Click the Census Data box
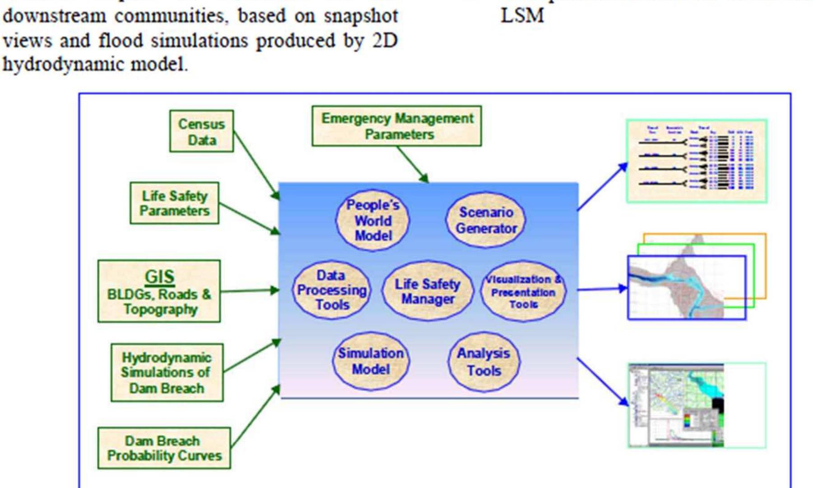(x=202, y=131)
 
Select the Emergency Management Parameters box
(x=397, y=126)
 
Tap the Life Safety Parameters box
(x=175, y=203)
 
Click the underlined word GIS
(x=159, y=276)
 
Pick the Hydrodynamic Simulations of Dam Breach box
(x=167, y=373)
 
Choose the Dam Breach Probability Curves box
(x=164, y=448)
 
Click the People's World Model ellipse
(x=373, y=220)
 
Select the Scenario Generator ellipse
(x=486, y=220)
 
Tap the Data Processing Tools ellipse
(x=332, y=290)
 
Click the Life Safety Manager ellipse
(x=427, y=291)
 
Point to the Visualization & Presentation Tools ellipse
(x=523, y=292)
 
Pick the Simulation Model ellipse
(x=371, y=361)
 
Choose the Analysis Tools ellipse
(x=484, y=362)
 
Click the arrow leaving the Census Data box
(x=256, y=165)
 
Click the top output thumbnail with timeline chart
(x=697, y=162)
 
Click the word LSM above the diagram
(x=522, y=16)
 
